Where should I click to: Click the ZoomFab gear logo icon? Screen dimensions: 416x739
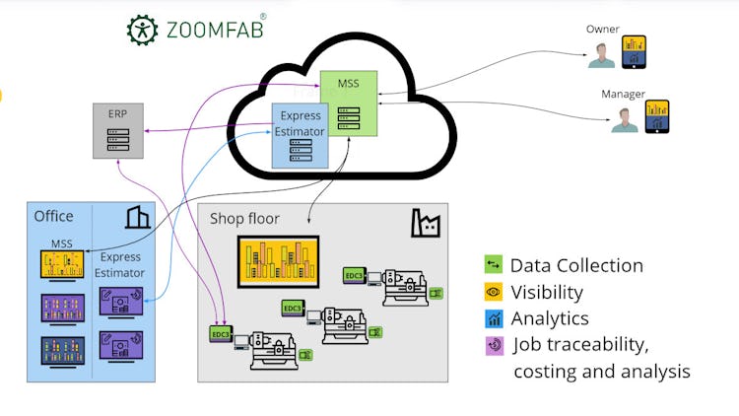point(142,30)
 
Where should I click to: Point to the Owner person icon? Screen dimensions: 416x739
point(601,53)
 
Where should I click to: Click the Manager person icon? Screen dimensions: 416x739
point(623,118)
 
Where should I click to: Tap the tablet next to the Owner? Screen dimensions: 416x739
point(634,50)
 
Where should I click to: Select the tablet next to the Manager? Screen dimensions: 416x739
point(656,115)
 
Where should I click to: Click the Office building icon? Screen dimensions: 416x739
point(138,216)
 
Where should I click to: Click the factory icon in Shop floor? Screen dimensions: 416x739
point(425,223)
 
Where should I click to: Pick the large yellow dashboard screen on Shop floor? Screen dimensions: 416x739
point(278,260)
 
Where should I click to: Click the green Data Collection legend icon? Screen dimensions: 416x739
point(494,265)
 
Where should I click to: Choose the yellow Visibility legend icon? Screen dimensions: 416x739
point(494,292)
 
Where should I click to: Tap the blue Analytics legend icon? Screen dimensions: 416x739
point(494,318)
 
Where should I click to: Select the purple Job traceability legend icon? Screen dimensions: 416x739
point(494,345)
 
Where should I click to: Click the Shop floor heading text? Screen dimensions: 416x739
point(244,219)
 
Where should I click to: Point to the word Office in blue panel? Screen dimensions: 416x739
point(54,216)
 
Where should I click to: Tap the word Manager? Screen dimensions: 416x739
point(623,95)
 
